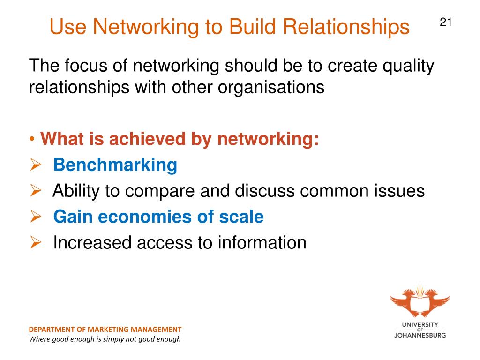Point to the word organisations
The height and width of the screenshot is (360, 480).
tap(270, 88)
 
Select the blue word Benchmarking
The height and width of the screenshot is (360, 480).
tap(115, 165)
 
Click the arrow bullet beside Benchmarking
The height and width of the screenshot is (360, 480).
tap(37, 165)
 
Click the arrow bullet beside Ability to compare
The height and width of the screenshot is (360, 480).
tap(37, 191)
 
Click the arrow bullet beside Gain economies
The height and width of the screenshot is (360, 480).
tap(37, 217)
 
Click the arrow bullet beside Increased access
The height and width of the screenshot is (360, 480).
tap(37, 243)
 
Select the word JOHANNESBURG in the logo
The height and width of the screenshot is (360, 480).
tap(420, 335)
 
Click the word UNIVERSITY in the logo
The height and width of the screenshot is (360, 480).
tap(420, 324)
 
